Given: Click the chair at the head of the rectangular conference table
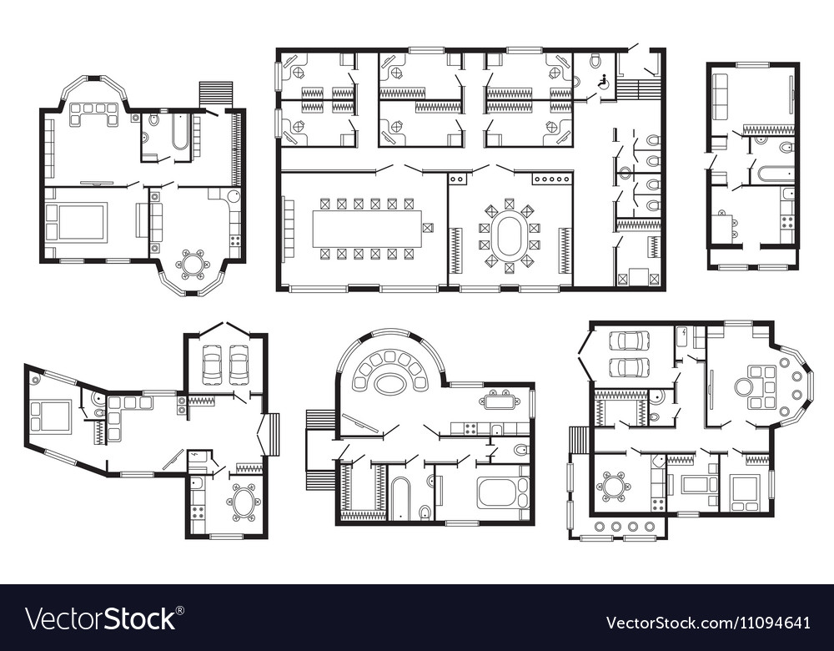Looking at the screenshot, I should coord(428,228).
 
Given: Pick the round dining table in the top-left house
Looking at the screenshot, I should coord(193,265).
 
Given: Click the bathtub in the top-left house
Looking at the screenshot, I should coord(180,132).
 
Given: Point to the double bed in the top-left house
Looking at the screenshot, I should coord(76,222).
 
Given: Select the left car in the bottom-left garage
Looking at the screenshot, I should coord(213,364).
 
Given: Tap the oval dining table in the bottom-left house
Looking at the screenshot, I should coord(244,502).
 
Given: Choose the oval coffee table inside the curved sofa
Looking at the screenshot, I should coord(389,383).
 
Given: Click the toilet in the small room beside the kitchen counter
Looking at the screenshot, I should coord(520,450).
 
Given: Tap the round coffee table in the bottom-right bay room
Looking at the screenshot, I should coord(743,386).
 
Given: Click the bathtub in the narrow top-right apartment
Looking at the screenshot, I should coord(775,174).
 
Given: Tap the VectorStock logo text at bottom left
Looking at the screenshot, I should coord(100,619).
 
